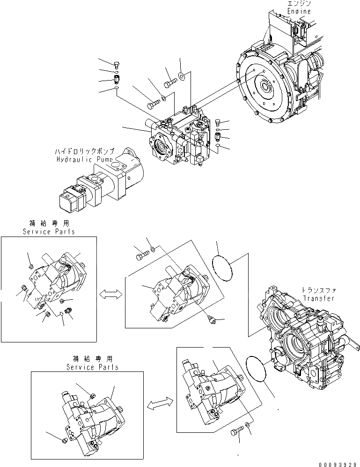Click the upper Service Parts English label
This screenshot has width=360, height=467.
[x=49, y=231]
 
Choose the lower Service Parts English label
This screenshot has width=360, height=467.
[x=91, y=367]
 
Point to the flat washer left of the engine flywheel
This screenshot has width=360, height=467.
[x=182, y=75]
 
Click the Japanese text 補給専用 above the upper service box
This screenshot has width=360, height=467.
[x=49, y=224]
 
